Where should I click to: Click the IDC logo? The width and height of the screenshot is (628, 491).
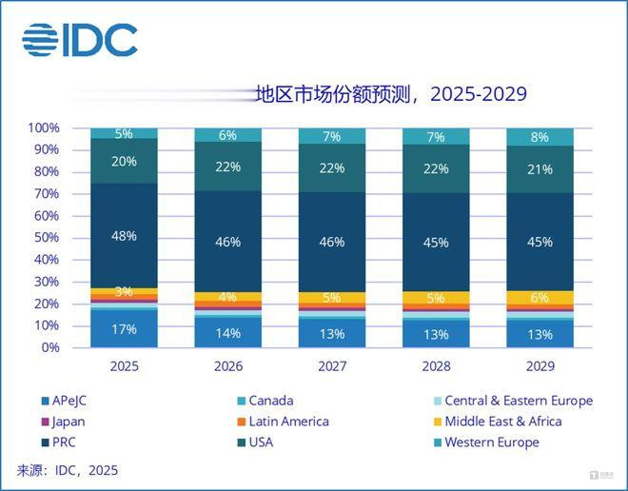pyautogui.click(x=80, y=40)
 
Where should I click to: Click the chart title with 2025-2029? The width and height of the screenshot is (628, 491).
pyautogui.click(x=390, y=94)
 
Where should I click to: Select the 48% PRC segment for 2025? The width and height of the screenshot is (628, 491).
pyautogui.click(x=125, y=235)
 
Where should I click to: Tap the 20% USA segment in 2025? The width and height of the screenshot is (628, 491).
pyautogui.click(x=125, y=162)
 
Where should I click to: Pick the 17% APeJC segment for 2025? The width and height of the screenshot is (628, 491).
pyautogui.click(x=125, y=329)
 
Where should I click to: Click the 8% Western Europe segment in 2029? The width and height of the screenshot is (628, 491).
pyautogui.click(x=540, y=136)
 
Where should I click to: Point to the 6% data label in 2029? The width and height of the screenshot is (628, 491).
pyautogui.click(x=540, y=297)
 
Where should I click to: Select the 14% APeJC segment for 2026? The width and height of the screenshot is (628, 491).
pyautogui.click(x=228, y=332)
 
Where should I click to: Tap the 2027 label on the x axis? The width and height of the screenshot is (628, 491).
pyautogui.click(x=332, y=365)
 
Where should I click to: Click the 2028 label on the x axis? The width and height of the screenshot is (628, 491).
pyautogui.click(x=436, y=365)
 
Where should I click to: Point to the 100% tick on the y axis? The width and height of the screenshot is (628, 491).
pyautogui.click(x=44, y=128)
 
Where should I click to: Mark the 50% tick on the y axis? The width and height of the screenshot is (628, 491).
pyautogui.click(x=47, y=238)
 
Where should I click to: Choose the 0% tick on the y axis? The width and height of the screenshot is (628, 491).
pyautogui.click(x=50, y=347)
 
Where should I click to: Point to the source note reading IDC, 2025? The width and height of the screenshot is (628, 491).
pyautogui.click(x=69, y=470)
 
